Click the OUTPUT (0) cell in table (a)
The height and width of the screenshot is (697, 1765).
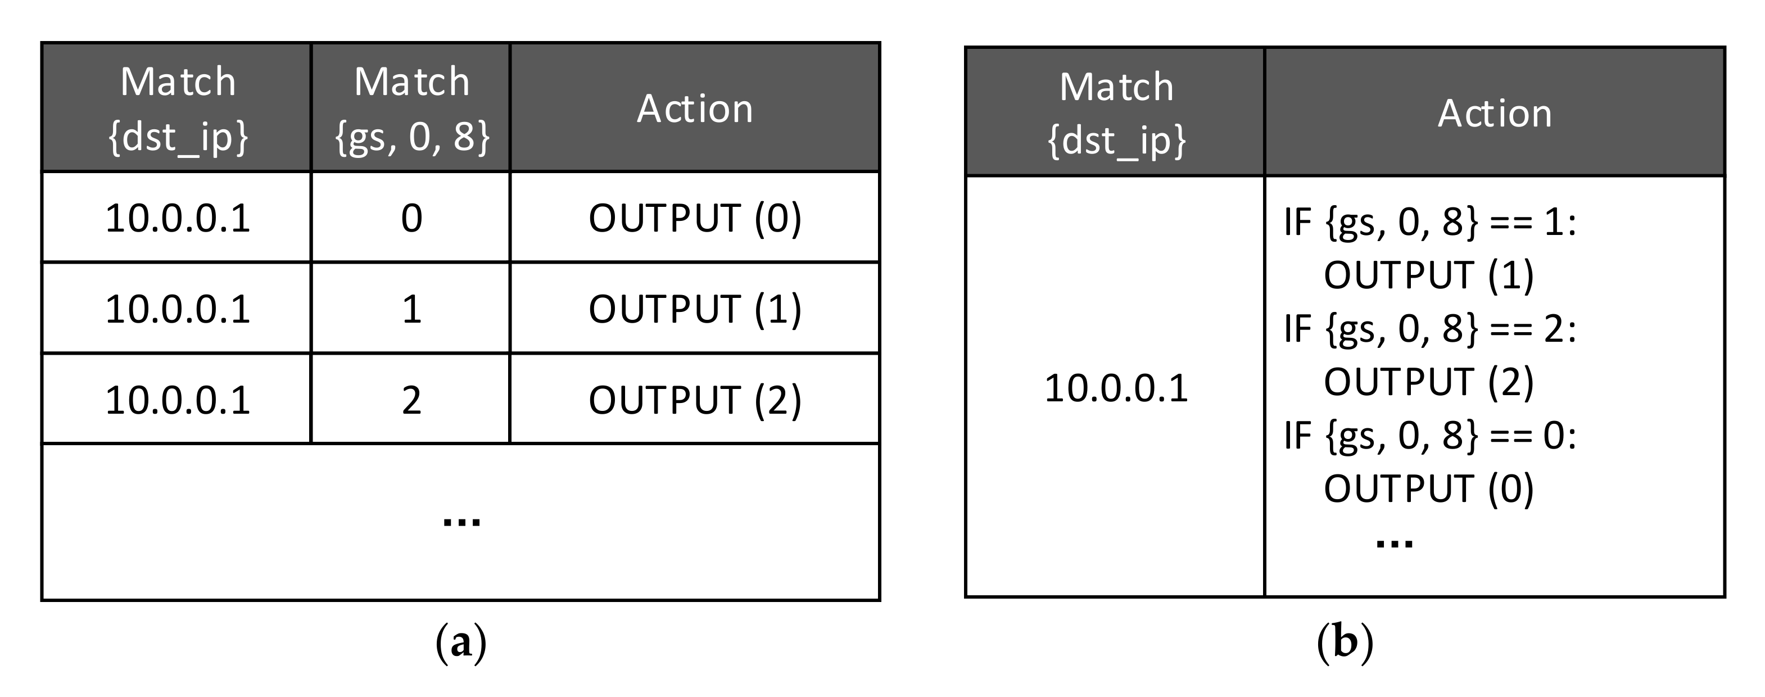pyautogui.click(x=695, y=218)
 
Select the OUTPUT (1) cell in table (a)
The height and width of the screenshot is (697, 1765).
pyautogui.click(x=695, y=309)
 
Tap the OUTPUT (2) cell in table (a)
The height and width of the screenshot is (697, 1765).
pyautogui.click(x=695, y=400)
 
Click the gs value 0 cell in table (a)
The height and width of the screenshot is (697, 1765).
pyautogui.click(x=411, y=218)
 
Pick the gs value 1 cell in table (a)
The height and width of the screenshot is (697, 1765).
pyautogui.click(x=411, y=309)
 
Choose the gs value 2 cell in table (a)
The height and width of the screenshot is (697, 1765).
pyautogui.click(x=411, y=400)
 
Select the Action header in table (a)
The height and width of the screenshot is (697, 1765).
pyautogui.click(x=695, y=108)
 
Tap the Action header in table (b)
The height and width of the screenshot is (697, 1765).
pyautogui.click(x=1495, y=113)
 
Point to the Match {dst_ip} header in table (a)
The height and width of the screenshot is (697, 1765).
pyautogui.click(x=178, y=108)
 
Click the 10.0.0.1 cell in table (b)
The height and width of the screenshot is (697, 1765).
pyautogui.click(x=1115, y=388)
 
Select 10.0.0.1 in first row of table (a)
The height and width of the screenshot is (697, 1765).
pyautogui.click(x=178, y=218)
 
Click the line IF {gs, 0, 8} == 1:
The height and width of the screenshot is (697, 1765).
pyautogui.click(x=1430, y=223)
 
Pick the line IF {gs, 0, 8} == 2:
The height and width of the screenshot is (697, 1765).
pyautogui.click(x=1430, y=329)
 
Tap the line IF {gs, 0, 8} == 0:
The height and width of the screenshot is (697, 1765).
pyautogui.click(x=1430, y=435)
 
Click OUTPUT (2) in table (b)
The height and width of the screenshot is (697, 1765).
pyautogui.click(x=1428, y=382)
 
